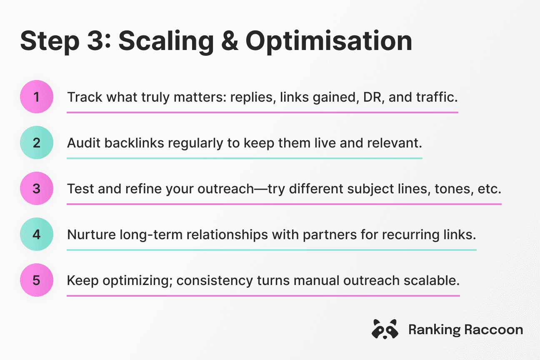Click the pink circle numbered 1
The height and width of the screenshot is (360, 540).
[x=37, y=97]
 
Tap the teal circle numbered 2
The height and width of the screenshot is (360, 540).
[x=37, y=142]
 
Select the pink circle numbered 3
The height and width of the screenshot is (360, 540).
[x=37, y=188]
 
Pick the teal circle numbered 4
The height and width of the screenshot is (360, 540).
[x=37, y=234]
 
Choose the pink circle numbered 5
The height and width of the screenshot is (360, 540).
[x=37, y=280]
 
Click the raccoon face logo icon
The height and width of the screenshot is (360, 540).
[x=385, y=329]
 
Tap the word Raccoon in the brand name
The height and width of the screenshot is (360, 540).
[x=494, y=330]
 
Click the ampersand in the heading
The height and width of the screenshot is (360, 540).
[x=230, y=41]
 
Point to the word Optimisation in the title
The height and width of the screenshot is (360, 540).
[x=329, y=42]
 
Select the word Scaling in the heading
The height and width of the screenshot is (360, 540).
[x=166, y=42]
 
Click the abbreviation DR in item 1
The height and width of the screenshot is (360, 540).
[x=374, y=97]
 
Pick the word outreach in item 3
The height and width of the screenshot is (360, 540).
[x=226, y=189]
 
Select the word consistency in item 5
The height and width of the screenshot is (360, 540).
[x=215, y=281]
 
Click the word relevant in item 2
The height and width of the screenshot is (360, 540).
[x=395, y=143]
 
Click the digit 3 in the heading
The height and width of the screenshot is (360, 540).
[x=96, y=41]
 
